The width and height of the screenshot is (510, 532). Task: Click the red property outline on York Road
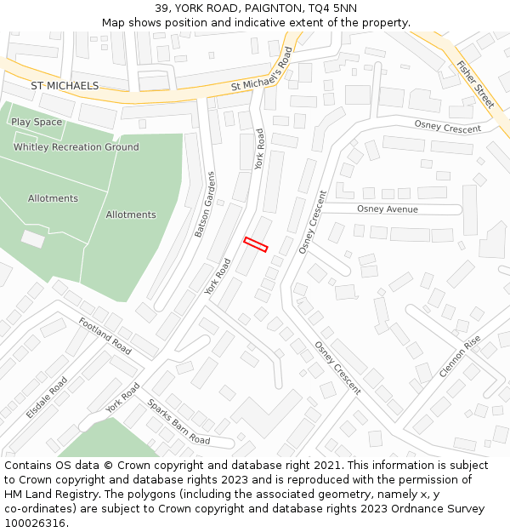tap(256, 244)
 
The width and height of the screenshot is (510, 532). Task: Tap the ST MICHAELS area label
tap(65, 86)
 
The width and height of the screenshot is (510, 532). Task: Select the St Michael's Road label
tap(262, 72)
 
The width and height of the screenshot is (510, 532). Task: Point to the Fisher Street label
tap(475, 83)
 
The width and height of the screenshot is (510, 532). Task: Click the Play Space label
tap(37, 122)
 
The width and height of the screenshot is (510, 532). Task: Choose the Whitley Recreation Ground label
tap(76, 147)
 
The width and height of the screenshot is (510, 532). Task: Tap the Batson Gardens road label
tap(205, 204)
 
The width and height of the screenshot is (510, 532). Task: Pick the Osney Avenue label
tap(387, 209)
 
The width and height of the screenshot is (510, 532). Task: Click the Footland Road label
tap(105, 335)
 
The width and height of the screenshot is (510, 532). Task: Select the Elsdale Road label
tap(47, 398)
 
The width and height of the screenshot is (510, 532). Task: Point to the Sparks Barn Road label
tap(178, 422)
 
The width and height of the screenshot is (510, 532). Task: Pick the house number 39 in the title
tap(161, 8)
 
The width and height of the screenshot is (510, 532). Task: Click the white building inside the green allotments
tap(32, 239)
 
